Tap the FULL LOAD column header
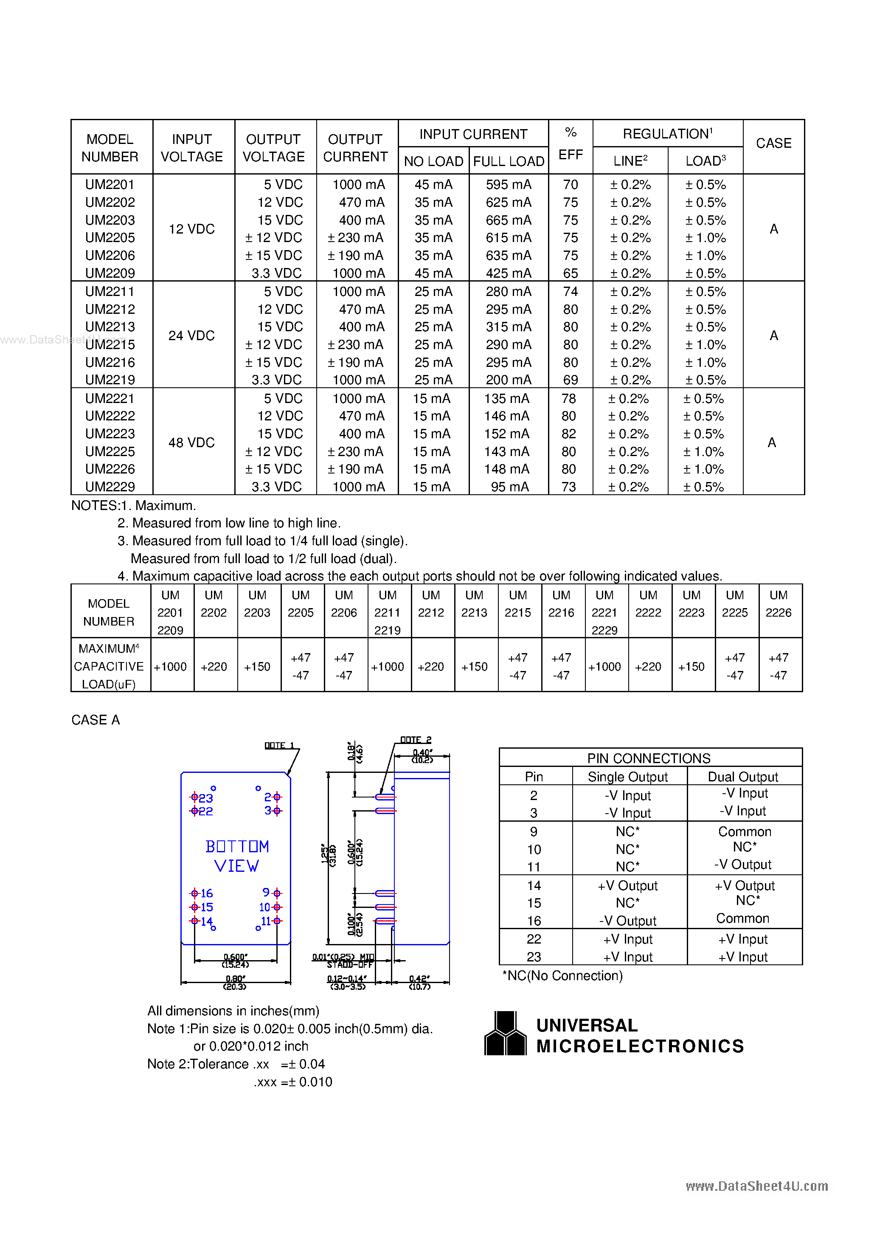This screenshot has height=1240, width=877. click(508, 161)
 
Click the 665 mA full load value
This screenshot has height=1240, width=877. click(508, 220)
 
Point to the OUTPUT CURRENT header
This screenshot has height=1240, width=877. click(355, 147)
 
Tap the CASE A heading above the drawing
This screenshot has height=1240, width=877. click(96, 719)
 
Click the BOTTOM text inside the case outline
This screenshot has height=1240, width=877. click(236, 846)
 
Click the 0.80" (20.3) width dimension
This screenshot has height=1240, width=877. click(236, 982)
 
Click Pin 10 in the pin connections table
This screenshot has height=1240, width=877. click(534, 850)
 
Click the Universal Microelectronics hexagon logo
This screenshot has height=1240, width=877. click(505, 1033)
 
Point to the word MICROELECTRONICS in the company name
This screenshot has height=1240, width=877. click(640, 1046)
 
